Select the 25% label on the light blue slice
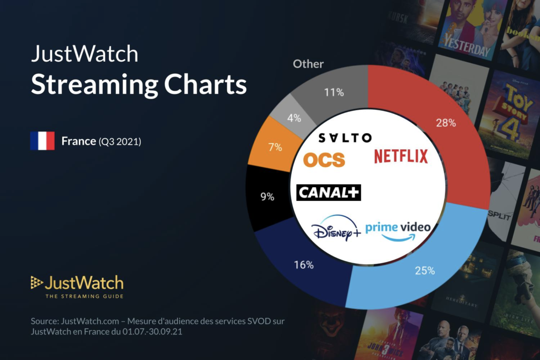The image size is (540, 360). (424, 270)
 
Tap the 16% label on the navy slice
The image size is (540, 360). (303, 265)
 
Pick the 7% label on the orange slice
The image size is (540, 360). (274, 147)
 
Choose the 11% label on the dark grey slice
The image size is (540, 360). (333, 92)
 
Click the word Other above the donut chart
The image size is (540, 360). (308, 64)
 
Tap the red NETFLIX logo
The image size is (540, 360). (401, 156)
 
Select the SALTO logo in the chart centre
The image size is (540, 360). (345, 138)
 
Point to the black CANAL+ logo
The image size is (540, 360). (329, 193)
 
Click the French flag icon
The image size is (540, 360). (42, 141)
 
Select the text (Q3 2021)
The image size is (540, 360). (120, 141)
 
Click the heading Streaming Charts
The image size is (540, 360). (139, 84)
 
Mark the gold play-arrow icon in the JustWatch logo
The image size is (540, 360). (36, 283)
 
